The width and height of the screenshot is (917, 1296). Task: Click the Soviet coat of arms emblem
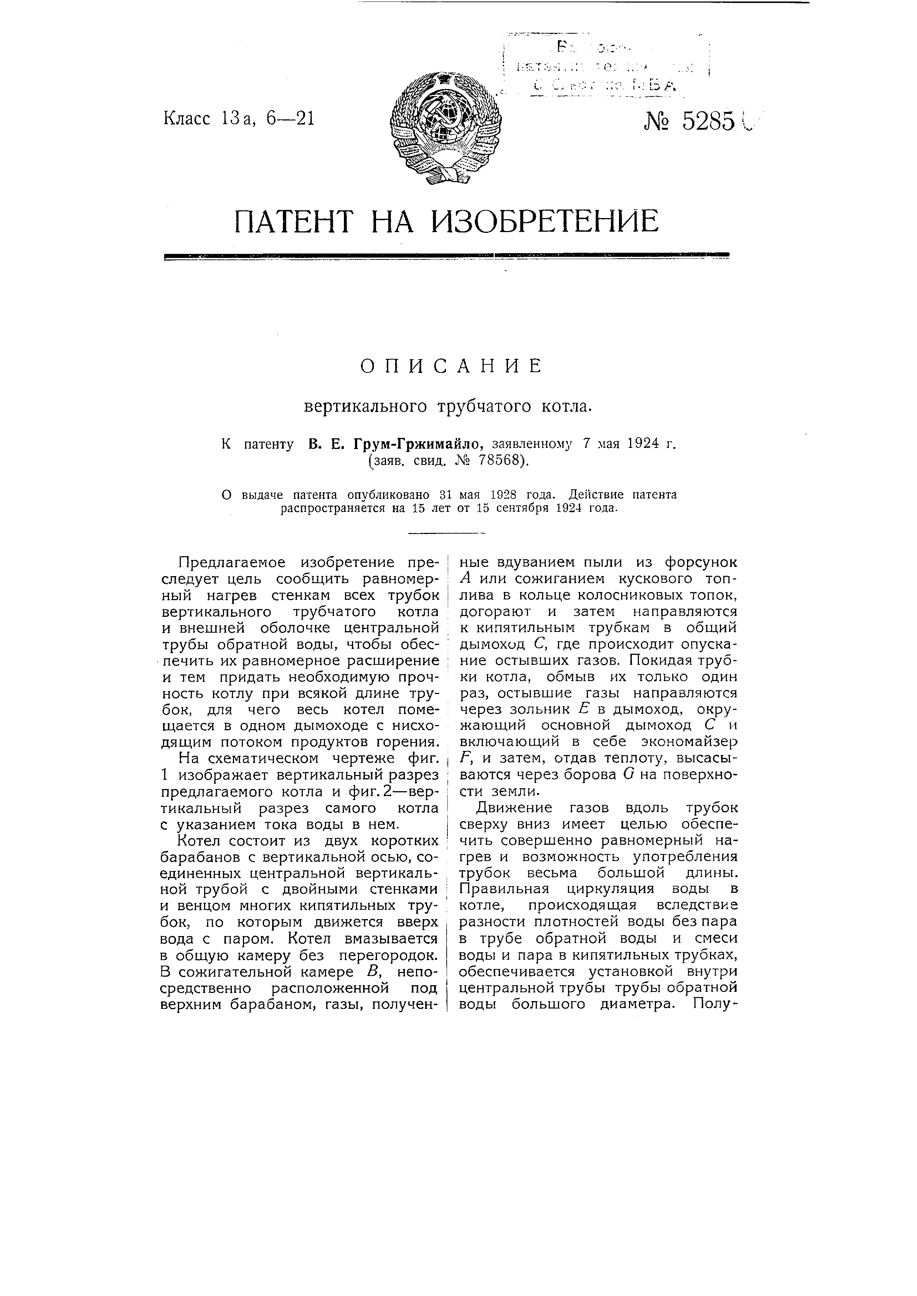click(x=446, y=128)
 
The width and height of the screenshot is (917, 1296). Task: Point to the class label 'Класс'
click(x=187, y=119)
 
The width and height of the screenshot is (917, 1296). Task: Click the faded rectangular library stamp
click(x=604, y=68)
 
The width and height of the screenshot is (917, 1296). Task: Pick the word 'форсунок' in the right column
click(x=701, y=562)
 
